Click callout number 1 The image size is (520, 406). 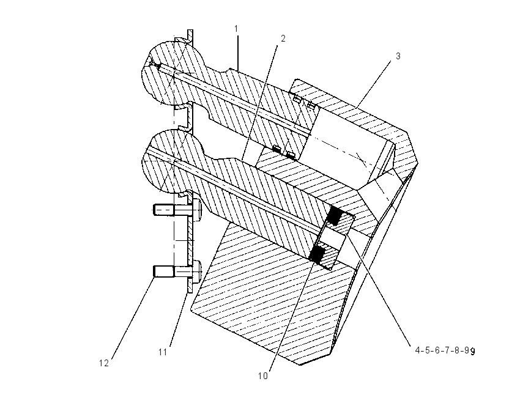click(236, 29)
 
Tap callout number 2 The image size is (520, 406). click(283, 39)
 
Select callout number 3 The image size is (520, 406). click(398, 56)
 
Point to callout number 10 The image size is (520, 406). click(262, 376)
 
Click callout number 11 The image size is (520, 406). click(163, 352)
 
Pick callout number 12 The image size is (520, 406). click(104, 363)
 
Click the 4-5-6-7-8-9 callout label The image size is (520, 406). click(442, 350)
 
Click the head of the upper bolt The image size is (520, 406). click(198, 210)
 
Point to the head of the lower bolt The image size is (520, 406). click(198, 271)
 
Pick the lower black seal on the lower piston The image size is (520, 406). click(318, 253)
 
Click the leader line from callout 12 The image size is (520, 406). click(133, 317)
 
